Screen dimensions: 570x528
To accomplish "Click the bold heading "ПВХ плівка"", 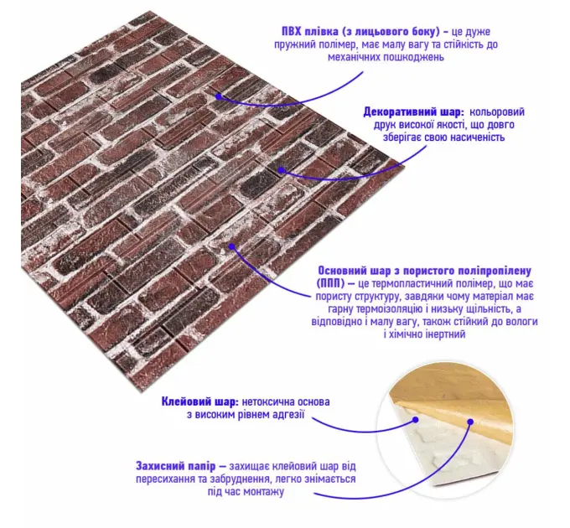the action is [x=309, y=31].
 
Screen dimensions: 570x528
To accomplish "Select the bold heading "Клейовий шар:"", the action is [x=200, y=401].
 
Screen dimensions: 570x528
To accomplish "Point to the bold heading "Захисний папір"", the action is [x=176, y=466].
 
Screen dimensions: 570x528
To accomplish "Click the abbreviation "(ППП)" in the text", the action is [x=329, y=283].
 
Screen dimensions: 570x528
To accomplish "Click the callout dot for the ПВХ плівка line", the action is [x=219, y=96].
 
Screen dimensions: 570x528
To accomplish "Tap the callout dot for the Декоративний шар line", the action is [x=281, y=169].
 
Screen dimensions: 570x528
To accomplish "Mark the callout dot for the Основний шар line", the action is [x=233, y=246].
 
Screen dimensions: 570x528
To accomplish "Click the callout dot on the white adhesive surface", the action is [x=416, y=420].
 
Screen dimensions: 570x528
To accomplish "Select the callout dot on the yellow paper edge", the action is [x=470, y=422].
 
